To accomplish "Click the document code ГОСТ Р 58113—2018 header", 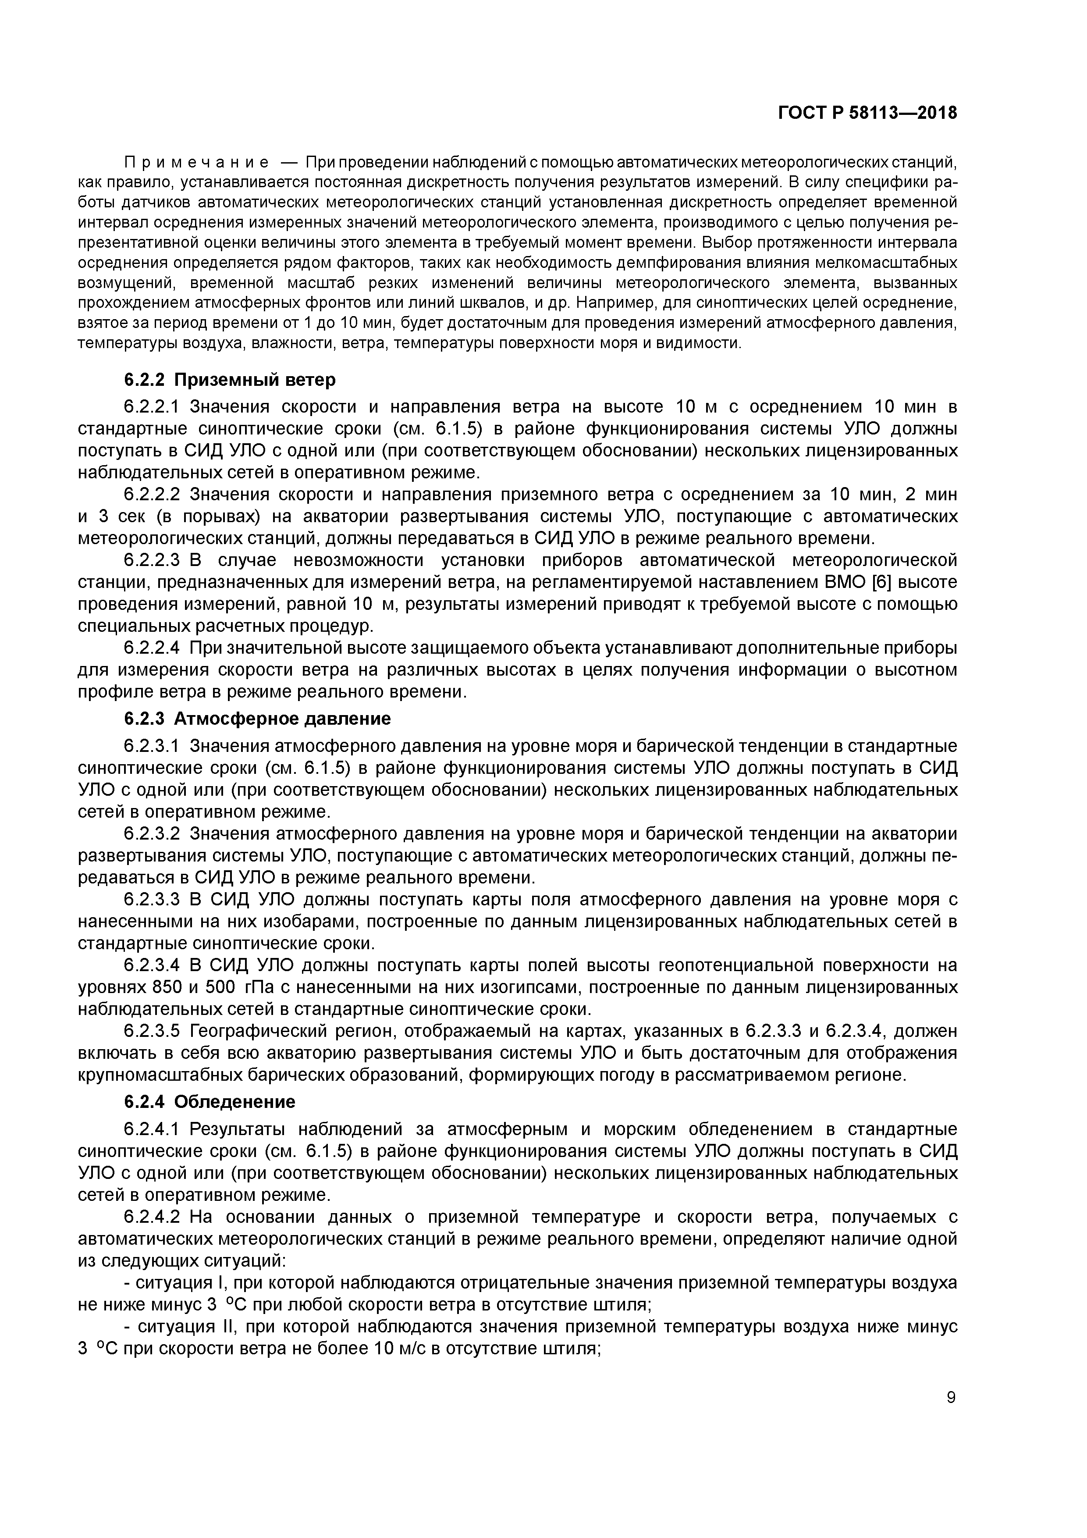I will point(867,113).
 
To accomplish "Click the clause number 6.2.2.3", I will point(152,560).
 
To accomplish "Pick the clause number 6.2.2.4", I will point(152,648).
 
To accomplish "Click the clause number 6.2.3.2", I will point(152,834).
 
